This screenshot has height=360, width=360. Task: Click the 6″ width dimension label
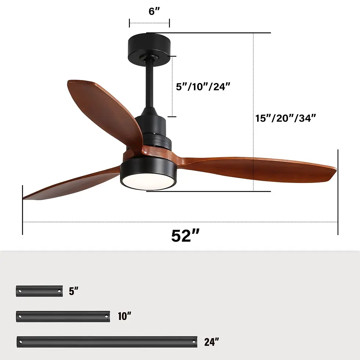154,11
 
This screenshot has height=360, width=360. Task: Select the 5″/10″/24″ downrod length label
203,87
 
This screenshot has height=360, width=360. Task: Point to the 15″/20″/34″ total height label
286,118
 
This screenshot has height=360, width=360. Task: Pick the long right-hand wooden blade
257,168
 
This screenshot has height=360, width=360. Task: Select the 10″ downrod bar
63,316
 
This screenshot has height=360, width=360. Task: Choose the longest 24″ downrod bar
107,342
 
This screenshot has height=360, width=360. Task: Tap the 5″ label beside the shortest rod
73,292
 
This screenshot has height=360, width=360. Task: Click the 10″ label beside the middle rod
125,316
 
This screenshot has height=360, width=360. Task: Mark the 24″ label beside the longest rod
212,342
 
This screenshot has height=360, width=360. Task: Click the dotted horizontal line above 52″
180,222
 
